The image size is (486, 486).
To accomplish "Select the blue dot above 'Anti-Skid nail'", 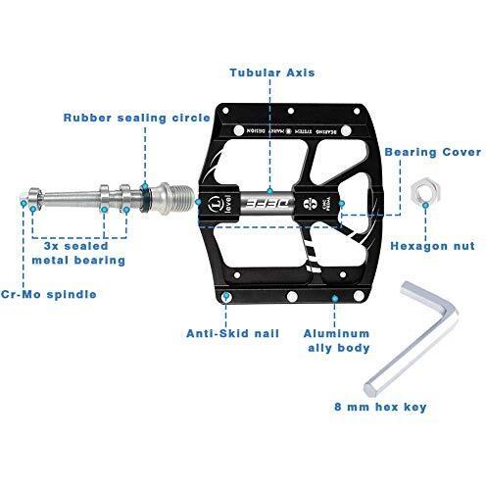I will click(228, 295).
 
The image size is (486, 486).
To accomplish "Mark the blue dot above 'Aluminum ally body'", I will click(335, 298).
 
